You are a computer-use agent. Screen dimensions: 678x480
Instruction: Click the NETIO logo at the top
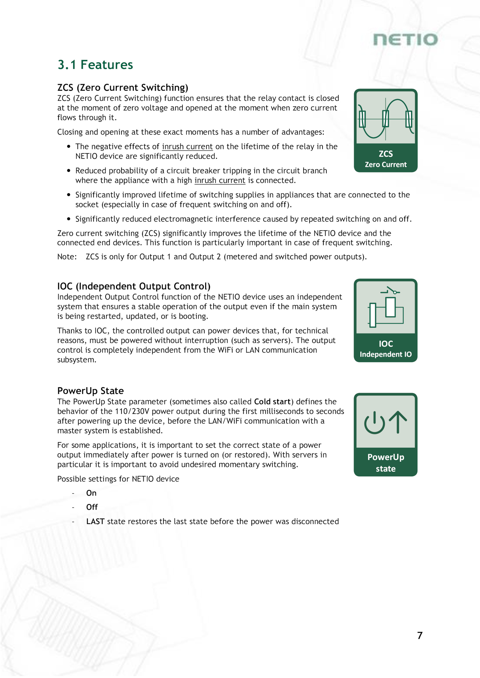coord(405,40)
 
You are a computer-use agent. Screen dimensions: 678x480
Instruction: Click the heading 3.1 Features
coord(95,65)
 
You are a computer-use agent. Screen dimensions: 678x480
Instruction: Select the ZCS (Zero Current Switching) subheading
coord(123,88)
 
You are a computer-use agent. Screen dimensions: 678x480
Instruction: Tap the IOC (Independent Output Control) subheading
coord(134,286)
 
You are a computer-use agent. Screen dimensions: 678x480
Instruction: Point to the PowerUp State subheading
coord(90,391)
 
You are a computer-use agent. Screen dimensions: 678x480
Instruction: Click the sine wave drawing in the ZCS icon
coord(386,119)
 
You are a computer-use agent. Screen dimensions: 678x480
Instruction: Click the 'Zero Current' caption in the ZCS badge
coord(386,165)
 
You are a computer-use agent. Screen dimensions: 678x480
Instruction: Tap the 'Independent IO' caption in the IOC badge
coord(386,354)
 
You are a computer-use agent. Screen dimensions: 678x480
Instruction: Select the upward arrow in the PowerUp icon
coord(398,422)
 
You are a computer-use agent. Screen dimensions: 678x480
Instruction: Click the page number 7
coord(420,635)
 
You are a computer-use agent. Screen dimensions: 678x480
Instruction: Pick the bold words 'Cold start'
coord(272,402)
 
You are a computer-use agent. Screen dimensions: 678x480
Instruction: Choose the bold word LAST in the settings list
coord(95,522)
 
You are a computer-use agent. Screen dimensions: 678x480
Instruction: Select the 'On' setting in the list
coord(91,493)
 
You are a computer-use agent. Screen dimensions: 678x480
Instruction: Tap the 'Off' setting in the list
coord(92,507)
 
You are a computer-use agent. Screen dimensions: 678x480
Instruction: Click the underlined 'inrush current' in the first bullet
coord(187,147)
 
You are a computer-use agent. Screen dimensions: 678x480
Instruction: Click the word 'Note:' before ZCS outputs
coord(67,257)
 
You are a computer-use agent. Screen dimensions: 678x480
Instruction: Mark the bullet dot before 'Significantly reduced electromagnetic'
coord(69,219)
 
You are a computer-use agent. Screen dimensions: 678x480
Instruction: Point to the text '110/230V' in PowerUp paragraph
coord(132,411)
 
